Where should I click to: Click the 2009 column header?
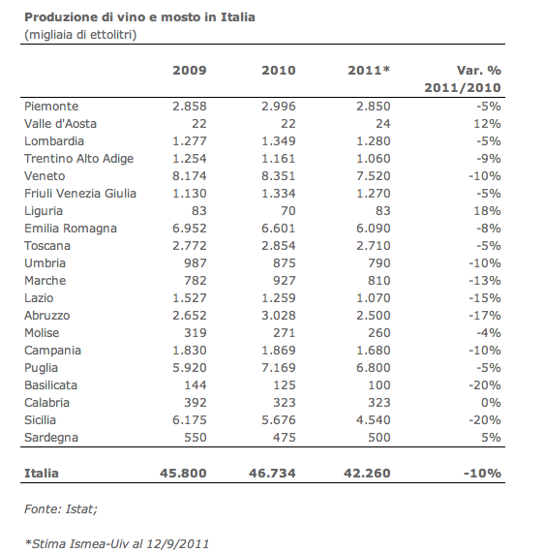coord(190,70)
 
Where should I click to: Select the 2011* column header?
coord(369,70)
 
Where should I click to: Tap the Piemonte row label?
coord(51,107)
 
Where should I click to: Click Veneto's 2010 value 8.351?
coord(278,176)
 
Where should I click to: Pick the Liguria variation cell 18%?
coord(487,211)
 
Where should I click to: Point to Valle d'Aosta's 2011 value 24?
coord(382,124)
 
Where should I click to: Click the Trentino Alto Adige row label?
coord(79,159)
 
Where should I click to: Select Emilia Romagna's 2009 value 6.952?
coord(190,229)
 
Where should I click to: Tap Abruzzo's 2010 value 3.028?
coord(278,316)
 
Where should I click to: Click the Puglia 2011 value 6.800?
coord(374,367)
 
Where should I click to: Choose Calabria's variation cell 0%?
coord(491,403)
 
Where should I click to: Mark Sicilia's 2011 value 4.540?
coord(374,420)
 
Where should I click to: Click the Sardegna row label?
coord(51,438)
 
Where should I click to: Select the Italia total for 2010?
coord(272,473)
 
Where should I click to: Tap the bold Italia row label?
coord(42,473)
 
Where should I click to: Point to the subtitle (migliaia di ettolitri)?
coord(80,35)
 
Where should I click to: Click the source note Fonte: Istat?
coord(61,509)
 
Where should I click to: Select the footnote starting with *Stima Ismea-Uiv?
coord(117,544)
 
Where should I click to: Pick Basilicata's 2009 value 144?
coord(196,385)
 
